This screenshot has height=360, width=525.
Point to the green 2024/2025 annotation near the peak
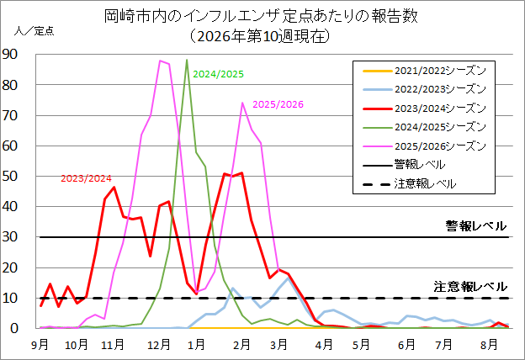pyautogui.click(x=218, y=74)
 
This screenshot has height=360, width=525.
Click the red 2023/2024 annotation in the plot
pyautogui.click(x=87, y=178)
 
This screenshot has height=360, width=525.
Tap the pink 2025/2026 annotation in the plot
pyautogui.click(x=277, y=104)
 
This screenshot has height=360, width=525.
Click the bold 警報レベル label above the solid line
pyautogui.click(x=475, y=225)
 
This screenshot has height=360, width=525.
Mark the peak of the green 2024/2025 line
pyautogui.click(x=187, y=60)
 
